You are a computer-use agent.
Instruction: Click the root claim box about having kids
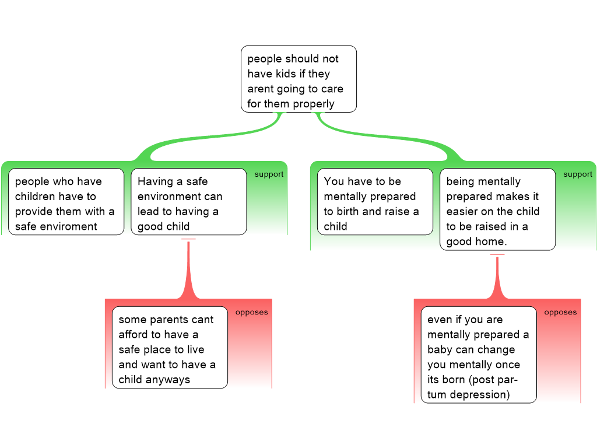[x=298, y=79]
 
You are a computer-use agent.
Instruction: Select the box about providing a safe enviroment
[x=66, y=201]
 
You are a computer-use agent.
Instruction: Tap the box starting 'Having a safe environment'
[x=189, y=201]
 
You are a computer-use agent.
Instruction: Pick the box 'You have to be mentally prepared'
[x=375, y=201]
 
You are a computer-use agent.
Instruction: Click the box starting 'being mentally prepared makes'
[x=498, y=209]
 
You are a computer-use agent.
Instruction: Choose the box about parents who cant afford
[x=170, y=348]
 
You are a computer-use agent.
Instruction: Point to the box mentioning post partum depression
[x=479, y=355]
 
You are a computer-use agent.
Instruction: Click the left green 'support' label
[x=269, y=174]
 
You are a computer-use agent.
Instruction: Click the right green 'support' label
[x=578, y=174]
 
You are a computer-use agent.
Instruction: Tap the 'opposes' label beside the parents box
[x=251, y=313]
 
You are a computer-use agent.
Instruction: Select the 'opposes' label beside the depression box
[x=560, y=313]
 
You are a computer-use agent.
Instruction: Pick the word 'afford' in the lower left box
[x=133, y=334]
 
